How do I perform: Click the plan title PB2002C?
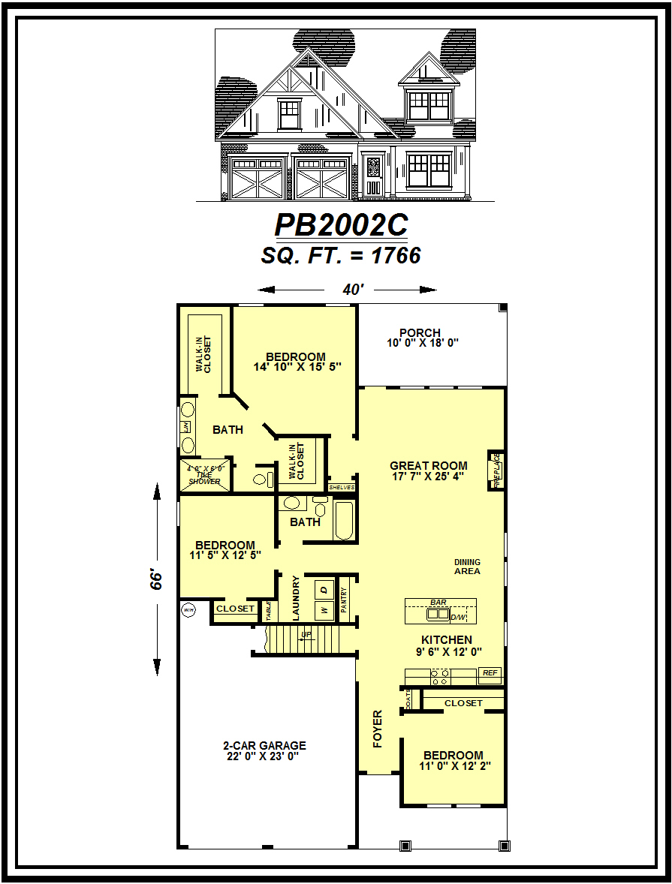[x=341, y=225]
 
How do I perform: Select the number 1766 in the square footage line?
[x=395, y=256]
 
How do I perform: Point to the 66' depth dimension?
[x=156, y=579]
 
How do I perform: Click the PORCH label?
[x=420, y=332]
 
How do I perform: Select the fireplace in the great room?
[x=496, y=470]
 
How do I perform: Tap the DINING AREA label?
[x=467, y=567]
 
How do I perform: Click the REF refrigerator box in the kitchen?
[x=490, y=673]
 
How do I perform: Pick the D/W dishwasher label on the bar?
[x=458, y=617]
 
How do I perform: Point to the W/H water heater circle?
[x=188, y=611]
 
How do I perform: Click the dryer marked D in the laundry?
[x=324, y=590]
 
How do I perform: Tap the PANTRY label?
[x=345, y=601]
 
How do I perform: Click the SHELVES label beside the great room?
[x=341, y=487]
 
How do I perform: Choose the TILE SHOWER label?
[x=204, y=478]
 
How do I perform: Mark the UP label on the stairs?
[x=306, y=635]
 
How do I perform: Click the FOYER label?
[x=378, y=728]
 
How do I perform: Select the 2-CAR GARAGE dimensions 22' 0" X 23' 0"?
[x=264, y=756]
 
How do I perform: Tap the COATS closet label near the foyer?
[x=408, y=699]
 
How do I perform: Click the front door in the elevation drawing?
[x=373, y=176]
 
